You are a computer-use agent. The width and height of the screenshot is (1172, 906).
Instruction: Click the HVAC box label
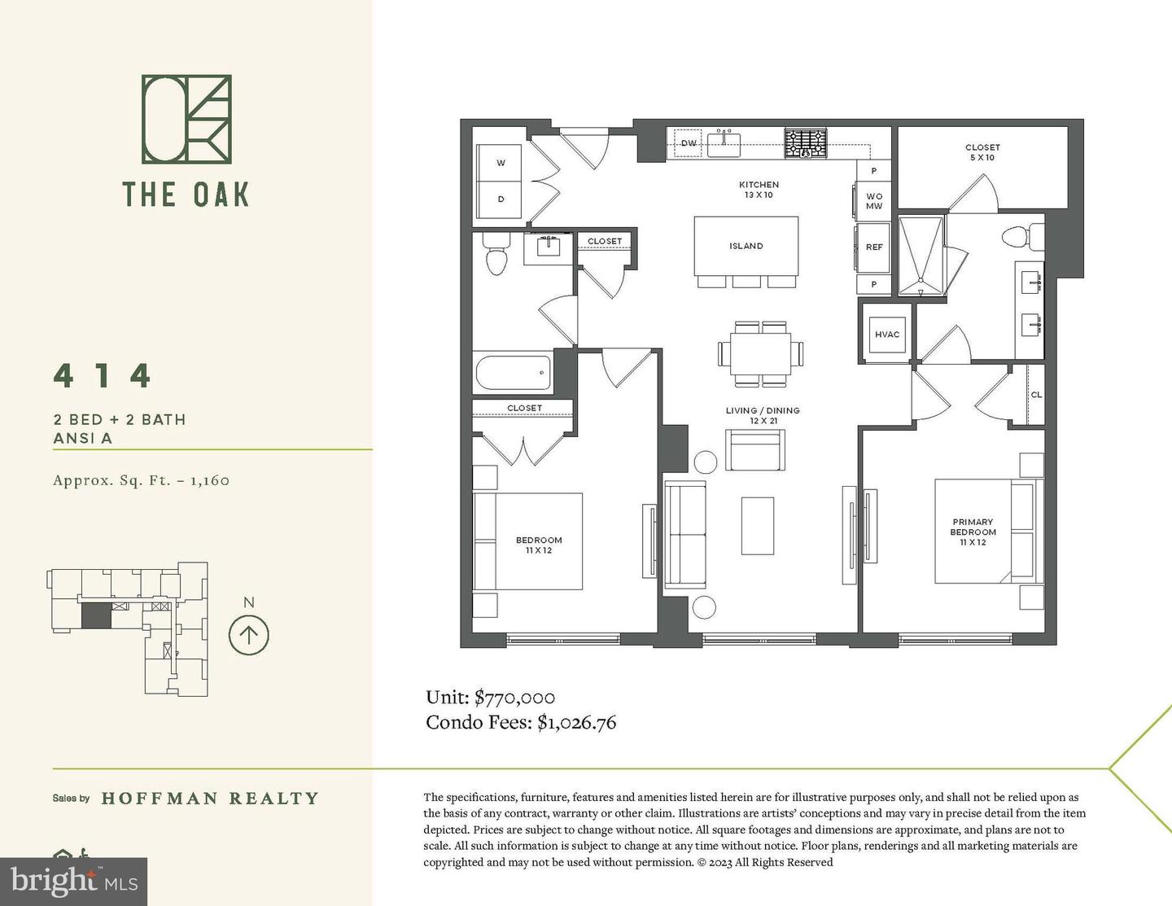coord(887,335)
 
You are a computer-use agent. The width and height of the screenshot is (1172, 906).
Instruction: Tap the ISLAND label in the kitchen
coord(746,246)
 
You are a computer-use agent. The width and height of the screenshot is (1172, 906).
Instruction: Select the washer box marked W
coord(501,163)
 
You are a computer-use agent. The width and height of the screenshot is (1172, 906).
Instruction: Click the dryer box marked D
coord(501,199)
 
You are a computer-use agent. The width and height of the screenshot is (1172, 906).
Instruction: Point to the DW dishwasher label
coord(689,144)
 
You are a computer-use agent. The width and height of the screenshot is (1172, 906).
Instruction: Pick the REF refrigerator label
coord(873,247)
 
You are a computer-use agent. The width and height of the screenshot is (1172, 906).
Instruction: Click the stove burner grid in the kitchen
coord(805,143)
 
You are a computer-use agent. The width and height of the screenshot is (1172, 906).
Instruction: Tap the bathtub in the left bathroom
coord(513,373)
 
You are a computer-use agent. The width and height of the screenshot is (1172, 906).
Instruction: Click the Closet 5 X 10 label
coord(982,152)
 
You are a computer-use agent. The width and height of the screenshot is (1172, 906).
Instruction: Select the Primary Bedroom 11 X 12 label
coord(973,532)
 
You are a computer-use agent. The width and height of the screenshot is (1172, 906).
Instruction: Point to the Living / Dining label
coord(763,415)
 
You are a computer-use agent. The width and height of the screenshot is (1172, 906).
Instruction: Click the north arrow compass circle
coord(248,634)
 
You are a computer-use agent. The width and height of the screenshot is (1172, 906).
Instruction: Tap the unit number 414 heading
coord(103,376)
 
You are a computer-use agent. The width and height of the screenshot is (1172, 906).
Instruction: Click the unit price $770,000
coord(514,698)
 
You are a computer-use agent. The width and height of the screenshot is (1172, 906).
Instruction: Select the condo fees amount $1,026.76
coord(576,722)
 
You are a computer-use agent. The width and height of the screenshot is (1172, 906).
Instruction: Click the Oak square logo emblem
coord(186,119)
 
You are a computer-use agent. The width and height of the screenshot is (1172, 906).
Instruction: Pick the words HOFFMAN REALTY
coord(210,799)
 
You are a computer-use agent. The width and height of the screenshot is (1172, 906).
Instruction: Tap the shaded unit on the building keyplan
coord(96,615)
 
